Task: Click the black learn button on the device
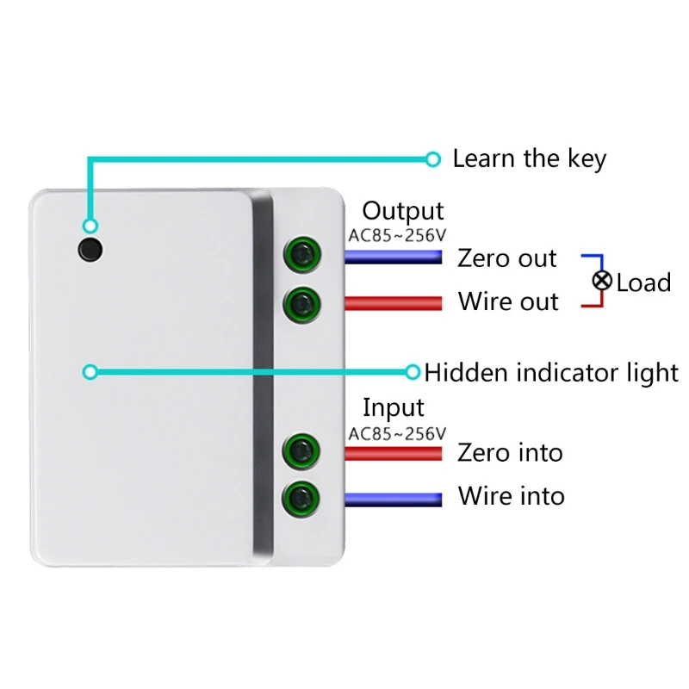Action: (x=89, y=249)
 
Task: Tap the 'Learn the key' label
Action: (x=529, y=158)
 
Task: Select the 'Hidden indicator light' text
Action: (x=551, y=373)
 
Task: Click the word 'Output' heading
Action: (x=402, y=211)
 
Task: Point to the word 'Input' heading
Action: (x=393, y=407)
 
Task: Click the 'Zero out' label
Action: (x=507, y=258)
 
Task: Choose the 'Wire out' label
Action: (x=508, y=301)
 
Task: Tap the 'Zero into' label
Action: (x=510, y=452)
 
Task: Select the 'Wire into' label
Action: (x=511, y=496)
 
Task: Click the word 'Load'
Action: (x=643, y=282)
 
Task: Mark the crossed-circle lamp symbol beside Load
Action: (x=602, y=281)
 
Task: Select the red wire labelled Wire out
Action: (x=393, y=302)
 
